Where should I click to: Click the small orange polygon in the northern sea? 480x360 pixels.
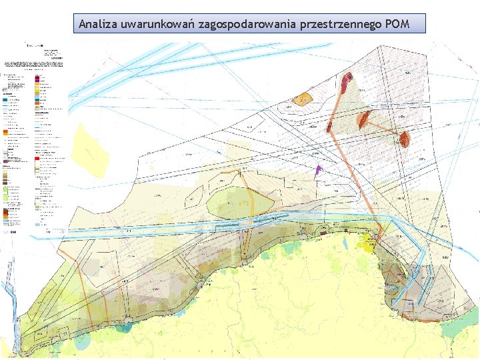point(303,99)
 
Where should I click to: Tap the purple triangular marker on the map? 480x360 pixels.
point(318,171)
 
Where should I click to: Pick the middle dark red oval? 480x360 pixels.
point(363,119)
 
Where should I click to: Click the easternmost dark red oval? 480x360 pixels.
point(405,139)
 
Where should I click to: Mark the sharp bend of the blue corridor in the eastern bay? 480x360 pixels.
point(421,250)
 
